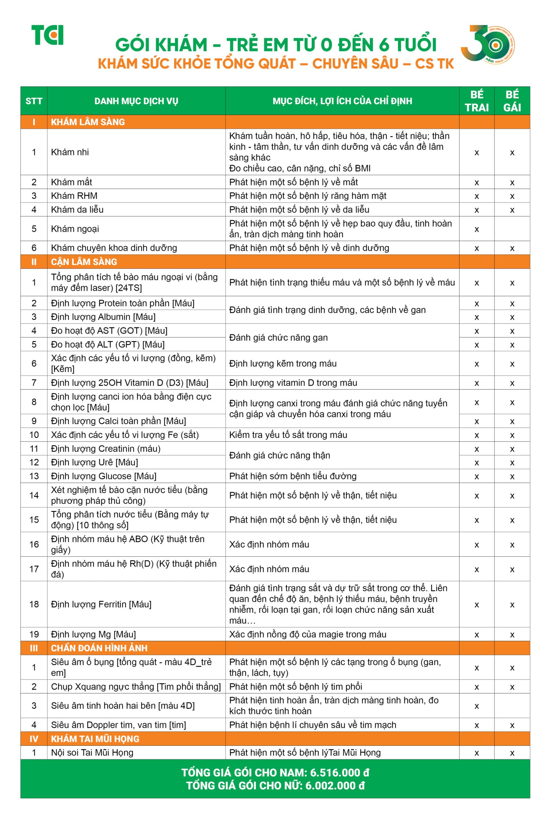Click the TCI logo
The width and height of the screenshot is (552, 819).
(x=47, y=35)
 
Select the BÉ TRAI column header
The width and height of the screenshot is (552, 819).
(x=476, y=101)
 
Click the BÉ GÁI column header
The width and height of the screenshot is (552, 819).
(x=512, y=101)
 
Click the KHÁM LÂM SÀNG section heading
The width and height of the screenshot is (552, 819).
(x=88, y=122)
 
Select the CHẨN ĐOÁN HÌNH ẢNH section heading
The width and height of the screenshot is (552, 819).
(x=99, y=648)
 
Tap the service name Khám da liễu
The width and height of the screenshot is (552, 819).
(x=77, y=210)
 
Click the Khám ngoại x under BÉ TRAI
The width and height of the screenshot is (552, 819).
(x=476, y=229)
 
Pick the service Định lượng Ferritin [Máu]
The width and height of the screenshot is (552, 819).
(x=101, y=604)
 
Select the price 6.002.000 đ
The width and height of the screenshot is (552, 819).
(x=335, y=786)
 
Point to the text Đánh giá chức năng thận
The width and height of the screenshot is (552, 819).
(x=280, y=455)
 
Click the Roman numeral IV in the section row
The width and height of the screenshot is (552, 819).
(x=34, y=739)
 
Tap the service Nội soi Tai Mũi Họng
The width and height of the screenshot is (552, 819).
(x=92, y=752)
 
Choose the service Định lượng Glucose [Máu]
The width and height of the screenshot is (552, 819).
(x=103, y=476)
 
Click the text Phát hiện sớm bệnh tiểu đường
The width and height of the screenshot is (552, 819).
(x=293, y=476)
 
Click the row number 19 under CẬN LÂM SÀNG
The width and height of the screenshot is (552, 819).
(x=34, y=634)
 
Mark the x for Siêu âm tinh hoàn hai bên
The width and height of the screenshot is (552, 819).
(x=476, y=706)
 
